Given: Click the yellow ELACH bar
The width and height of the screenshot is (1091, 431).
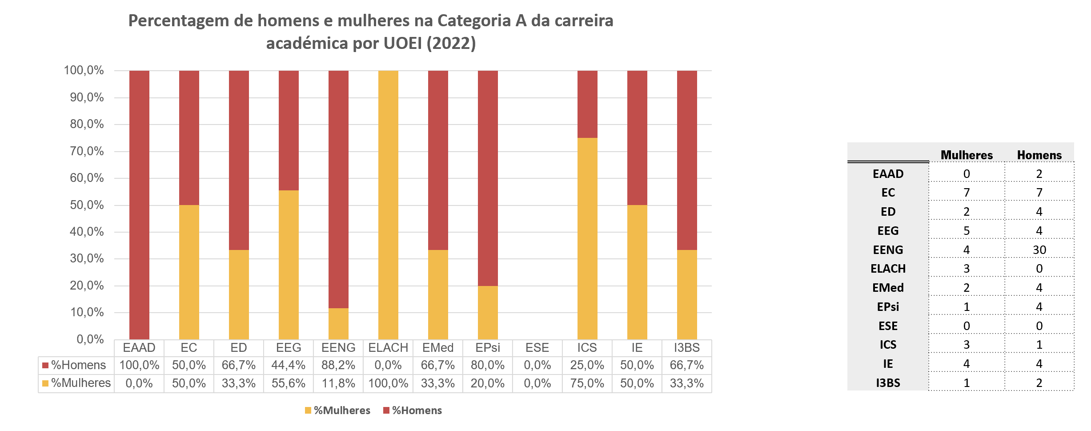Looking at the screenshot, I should click(x=388, y=205).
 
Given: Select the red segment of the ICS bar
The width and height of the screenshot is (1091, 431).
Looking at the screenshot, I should click(x=587, y=104).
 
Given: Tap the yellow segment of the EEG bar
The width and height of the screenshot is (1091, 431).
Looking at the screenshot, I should click(x=289, y=265).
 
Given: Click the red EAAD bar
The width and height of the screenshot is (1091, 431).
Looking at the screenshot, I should click(x=139, y=205).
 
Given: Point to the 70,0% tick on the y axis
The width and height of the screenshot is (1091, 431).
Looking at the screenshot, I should click(x=87, y=151).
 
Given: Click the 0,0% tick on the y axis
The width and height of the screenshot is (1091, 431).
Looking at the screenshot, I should click(x=90, y=339).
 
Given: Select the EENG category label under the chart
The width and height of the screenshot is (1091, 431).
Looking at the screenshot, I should click(x=338, y=348).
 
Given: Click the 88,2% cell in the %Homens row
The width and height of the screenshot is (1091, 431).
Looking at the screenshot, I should click(x=338, y=365).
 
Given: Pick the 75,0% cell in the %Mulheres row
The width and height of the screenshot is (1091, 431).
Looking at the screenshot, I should click(x=587, y=383).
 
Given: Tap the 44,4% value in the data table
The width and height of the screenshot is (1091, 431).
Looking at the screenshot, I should click(x=289, y=365).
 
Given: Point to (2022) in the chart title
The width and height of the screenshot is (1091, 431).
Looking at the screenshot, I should click(x=451, y=43).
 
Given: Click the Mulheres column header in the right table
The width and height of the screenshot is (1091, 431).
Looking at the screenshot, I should click(x=967, y=155).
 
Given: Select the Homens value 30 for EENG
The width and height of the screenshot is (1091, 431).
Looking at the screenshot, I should click(x=1039, y=250).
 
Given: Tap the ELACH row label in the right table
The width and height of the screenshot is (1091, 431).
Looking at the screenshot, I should click(x=888, y=269).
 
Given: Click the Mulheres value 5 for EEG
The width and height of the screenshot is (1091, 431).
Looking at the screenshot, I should click(x=967, y=231).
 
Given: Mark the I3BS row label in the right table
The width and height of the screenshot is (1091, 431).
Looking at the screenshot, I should click(x=888, y=383).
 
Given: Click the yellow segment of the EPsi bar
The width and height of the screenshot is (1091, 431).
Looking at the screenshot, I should click(x=488, y=313).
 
